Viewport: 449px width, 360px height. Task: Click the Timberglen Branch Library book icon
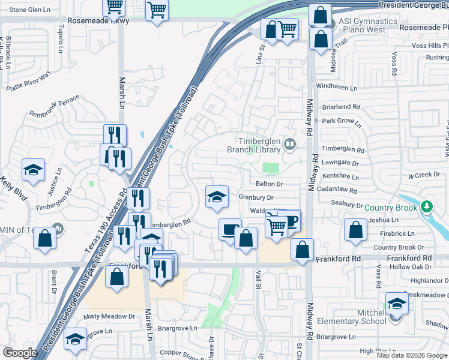[291, 143]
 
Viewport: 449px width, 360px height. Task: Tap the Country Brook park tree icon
[427, 207]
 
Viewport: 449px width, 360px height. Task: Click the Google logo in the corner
[20, 353]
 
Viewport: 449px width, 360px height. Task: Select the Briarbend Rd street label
[340, 107]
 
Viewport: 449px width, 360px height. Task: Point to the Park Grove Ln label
[342, 122]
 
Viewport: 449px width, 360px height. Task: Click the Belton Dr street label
[269, 184]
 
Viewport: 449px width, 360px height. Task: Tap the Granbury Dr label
[256, 197]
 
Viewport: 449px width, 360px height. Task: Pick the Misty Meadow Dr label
[110, 316]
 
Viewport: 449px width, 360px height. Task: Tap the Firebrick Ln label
[393, 233]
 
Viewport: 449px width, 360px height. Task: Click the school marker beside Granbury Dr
[216, 196]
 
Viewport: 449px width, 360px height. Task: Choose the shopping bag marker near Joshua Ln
[356, 229]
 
